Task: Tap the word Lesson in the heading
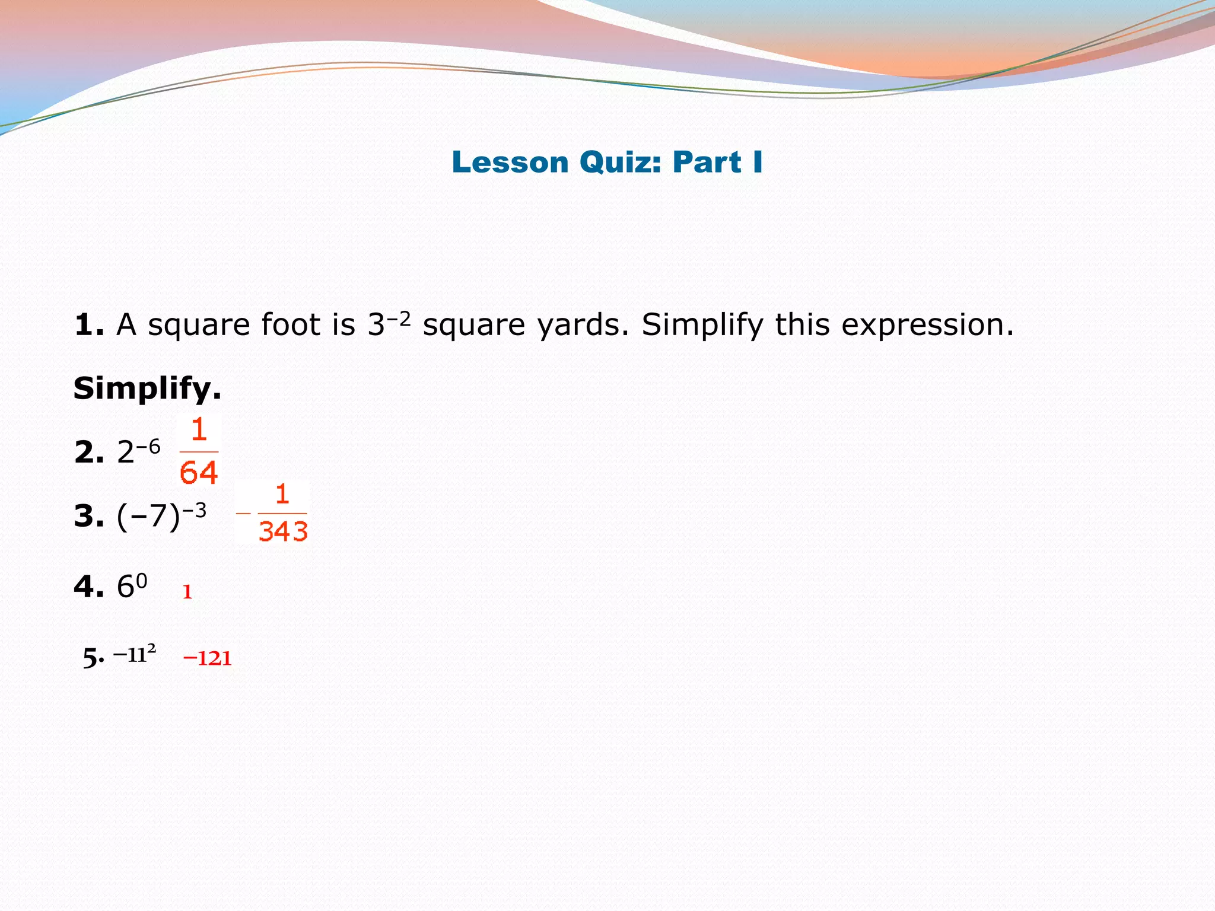(510, 163)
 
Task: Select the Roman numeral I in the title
(757, 162)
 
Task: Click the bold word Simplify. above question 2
(147, 389)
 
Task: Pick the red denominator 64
(199, 473)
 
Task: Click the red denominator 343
(283, 531)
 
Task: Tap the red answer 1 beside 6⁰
(187, 592)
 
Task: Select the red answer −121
(207, 658)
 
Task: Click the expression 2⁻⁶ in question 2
(138, 452)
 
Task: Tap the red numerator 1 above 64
(199, 430)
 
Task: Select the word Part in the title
(707, 163)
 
